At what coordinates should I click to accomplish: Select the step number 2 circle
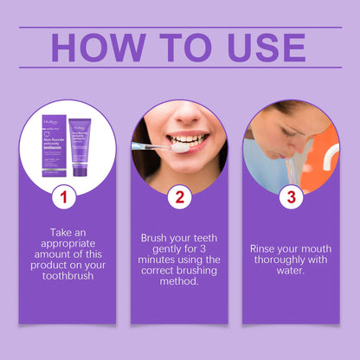(179, 197)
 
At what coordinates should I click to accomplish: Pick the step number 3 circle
(292, 197)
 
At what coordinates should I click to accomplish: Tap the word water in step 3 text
(291, 272)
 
